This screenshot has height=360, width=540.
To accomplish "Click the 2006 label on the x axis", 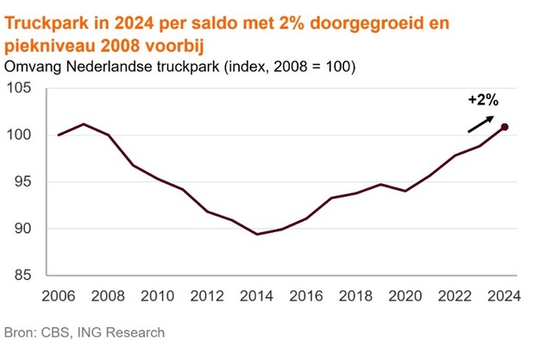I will click(59, 294).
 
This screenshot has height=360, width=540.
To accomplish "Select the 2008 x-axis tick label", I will click(108, 294).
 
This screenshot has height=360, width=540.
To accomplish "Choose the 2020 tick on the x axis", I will click(405, 294).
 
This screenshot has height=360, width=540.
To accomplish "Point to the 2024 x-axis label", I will click(504, 294).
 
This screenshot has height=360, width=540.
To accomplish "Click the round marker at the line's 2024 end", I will click(505, 127).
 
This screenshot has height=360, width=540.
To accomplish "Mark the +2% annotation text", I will click(482, 100).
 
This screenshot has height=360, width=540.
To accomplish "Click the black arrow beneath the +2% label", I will click(481, 123).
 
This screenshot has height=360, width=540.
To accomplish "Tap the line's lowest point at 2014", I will click(256, 234).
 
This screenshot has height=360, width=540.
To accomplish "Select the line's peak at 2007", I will click(84, 124).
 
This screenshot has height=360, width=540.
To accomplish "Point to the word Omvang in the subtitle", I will click(33, 66).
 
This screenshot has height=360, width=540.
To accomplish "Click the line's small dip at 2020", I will click(405, 191).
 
